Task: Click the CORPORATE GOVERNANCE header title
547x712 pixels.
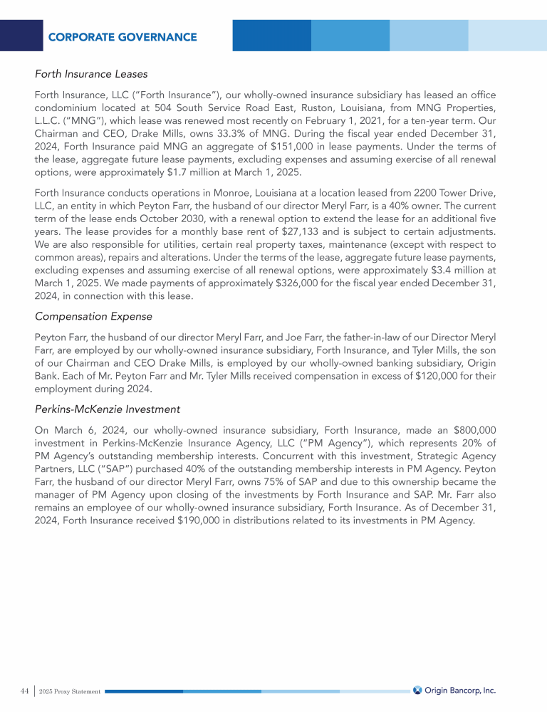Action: pyautogui.click(x=123, y=37)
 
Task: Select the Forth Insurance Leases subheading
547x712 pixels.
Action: pyautogui.click(x=91, y=73)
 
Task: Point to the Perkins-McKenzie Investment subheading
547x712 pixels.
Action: pyautogui.click(x=107, y=409)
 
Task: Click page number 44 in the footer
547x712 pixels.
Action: pyautogui.click(x=24, y=691)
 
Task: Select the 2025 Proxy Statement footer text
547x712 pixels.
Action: pyautogui.click(x=70, y=691)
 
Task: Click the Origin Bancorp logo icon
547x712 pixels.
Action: pyautogui.click(x=417, y=689)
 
